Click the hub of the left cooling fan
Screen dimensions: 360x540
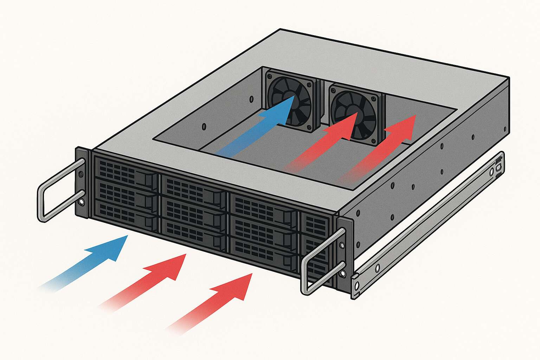(290, 99)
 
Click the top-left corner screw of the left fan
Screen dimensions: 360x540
(270, 75)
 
